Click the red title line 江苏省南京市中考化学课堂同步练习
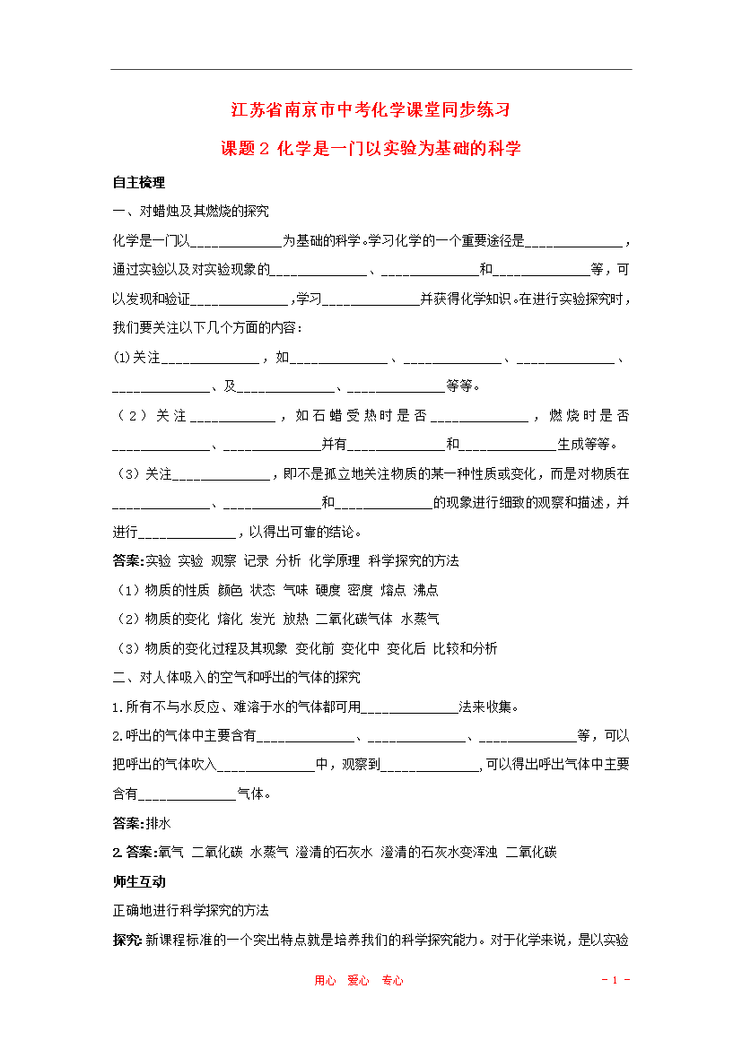tap(371, 111)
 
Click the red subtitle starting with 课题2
tap(371, 149)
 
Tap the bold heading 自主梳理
tap(138, 182)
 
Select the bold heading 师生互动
tap(138, 881)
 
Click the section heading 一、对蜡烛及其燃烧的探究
tap(190, 212)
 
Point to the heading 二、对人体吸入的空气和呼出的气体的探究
tap(236, 677)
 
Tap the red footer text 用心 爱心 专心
tap(359, 981)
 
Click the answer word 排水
tap(158, 823)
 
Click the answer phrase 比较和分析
tap(465, 648)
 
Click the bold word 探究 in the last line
tap(126, 940)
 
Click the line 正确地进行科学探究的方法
tap(190, 910)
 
